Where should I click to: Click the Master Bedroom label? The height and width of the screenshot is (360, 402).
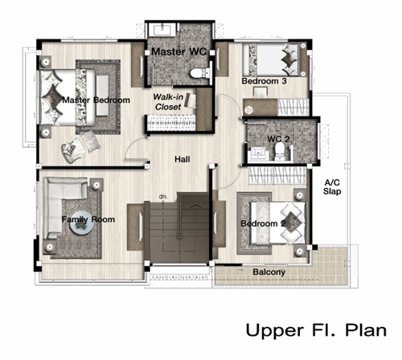pos(96,100)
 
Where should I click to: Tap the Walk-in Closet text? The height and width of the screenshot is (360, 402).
pos(168,102)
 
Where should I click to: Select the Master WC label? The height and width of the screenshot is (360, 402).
pos(179,51)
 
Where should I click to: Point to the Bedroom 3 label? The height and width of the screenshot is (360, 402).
pos(264,81)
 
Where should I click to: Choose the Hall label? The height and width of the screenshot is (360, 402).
pos(183,159)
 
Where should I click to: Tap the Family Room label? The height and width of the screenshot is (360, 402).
pos(88,219)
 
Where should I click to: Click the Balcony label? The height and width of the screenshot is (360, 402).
pos(269,272)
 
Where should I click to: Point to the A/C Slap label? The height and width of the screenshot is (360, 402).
pos(332,187)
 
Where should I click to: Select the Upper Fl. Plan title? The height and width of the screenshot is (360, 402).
pos(316,330)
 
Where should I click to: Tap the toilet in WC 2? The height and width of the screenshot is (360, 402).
pos(280,150)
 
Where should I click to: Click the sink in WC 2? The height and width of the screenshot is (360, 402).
pos(257,153)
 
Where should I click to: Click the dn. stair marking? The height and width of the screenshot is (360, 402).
pos(163,196)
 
